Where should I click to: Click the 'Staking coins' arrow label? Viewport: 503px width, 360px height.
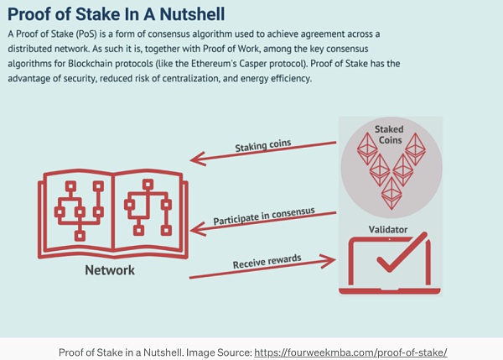(263, 145)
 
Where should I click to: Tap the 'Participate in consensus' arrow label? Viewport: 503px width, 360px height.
(265, 212)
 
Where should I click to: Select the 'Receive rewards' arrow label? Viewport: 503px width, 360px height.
(267, 260)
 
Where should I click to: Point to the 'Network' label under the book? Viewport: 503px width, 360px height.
(109, 270)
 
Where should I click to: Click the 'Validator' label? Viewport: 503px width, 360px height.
(390, 229)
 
